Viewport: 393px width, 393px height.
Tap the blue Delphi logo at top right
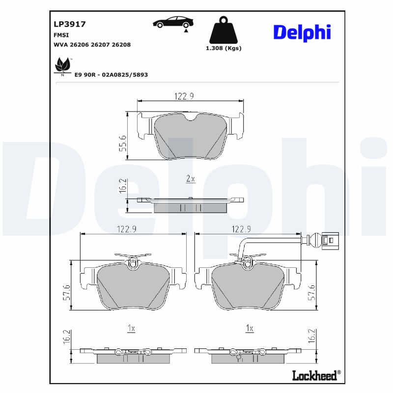(302, 32)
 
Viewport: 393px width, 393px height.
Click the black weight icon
(223, 30)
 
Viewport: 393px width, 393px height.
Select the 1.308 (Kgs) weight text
(223, 48)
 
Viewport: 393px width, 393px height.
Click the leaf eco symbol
(62, 65)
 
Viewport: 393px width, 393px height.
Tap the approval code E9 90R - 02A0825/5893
(111, 75)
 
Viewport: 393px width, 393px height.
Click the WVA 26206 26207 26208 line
(91, 44)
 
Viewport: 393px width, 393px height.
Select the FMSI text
(61, 35)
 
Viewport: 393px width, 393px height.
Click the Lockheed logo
(315, 375)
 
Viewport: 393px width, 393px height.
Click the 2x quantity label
(191, 179)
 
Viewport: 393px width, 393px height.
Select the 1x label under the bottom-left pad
(131, 328)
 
